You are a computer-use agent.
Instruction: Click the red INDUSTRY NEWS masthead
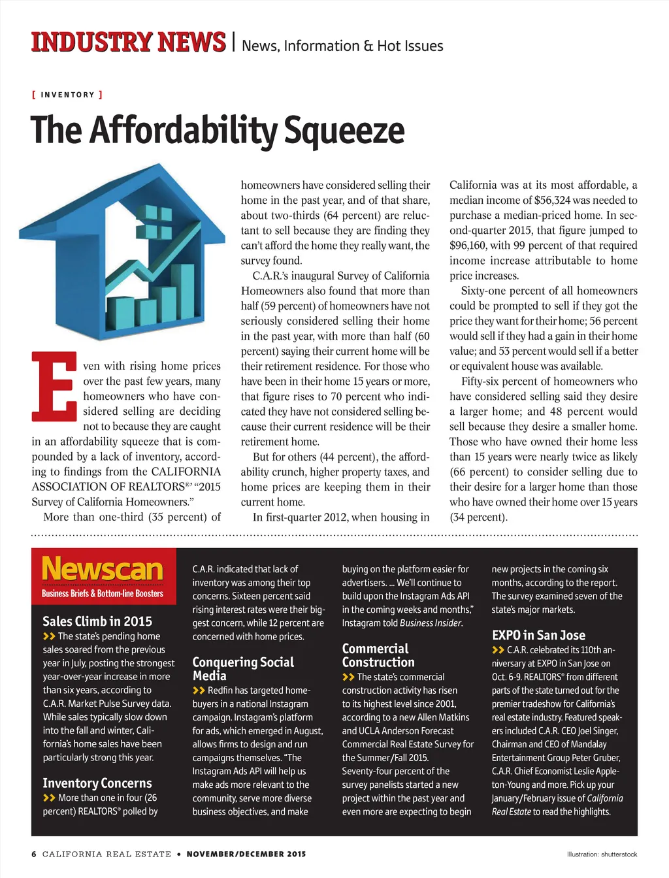click(x=128, y=42)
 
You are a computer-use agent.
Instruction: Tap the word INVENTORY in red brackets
click(x=67, y=95)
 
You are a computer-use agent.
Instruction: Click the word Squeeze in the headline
click(x=344, y=130)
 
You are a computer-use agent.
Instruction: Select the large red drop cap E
click(x=55, y=386)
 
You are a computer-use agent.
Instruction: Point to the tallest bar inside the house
click(x=184, y=291)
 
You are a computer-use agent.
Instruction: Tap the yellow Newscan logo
click(x=103, y=569)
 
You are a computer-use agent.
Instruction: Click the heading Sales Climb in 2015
click(x=97, y=621)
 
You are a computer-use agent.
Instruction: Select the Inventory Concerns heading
click(x=97, y=783)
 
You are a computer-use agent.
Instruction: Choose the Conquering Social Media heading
click(x=243, y=669)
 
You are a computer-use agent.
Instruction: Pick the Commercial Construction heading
click(x=378, y=655)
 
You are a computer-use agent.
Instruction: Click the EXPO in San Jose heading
click(x=538, y=635)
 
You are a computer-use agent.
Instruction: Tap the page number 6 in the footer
click(x=34, y=854)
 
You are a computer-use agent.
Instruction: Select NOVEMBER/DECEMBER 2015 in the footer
click(x=246, y=854)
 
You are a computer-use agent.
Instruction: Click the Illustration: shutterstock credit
click(x=602, y=854)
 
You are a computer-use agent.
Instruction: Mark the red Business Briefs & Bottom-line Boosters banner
click(x=103, y=593)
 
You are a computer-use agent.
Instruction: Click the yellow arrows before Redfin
click(x=199, y=691)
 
